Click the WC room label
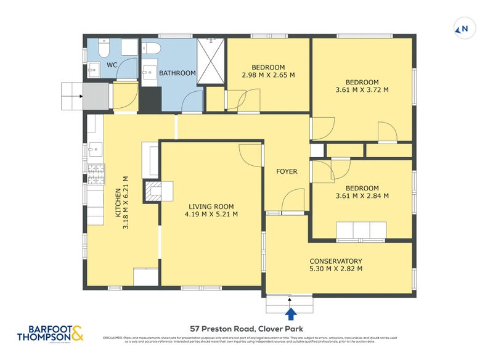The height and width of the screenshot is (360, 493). coord(112,65)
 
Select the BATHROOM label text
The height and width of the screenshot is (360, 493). coord(177,73)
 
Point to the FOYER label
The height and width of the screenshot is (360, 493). coord(287,171)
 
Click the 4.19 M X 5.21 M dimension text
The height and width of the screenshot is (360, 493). coord(211,215)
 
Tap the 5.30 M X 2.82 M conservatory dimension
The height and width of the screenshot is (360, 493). coord(336,269)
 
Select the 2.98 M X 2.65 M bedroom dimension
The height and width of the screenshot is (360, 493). coord(267,75)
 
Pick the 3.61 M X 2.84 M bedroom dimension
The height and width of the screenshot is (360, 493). coord(362,196)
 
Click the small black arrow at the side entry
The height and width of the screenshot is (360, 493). coord(83,96)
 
